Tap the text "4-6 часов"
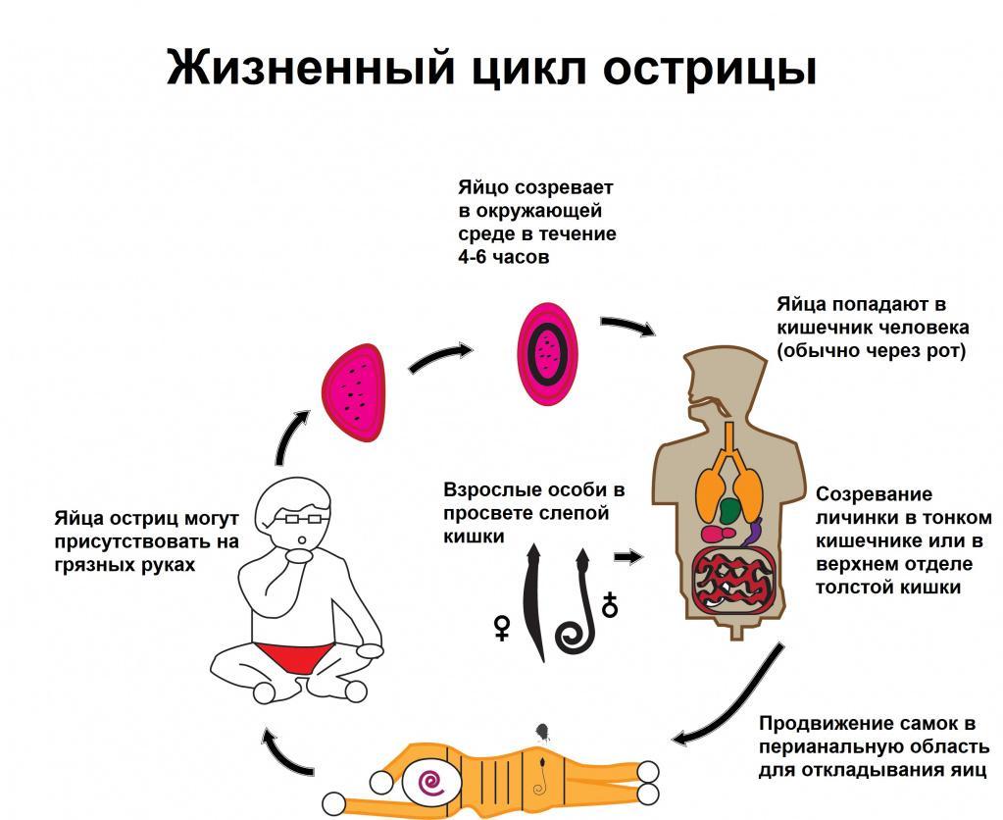pyautogui.click(x=504, y=257)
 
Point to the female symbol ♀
pyautogui.click(x=501, y=628)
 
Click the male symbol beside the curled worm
pyautogui.click(x=610, y=605)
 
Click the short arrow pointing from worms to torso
pyautogui.click(x=628, y=557)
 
